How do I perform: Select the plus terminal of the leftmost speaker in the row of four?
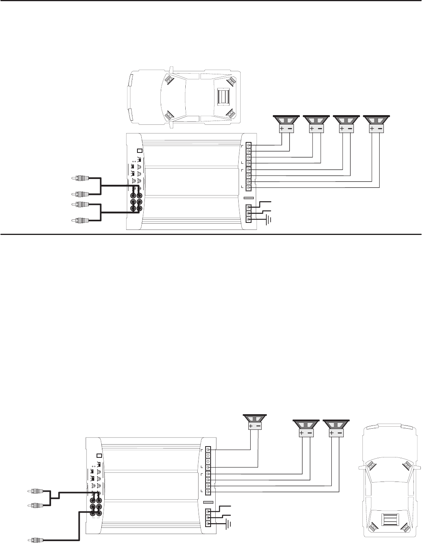tap(282, 129)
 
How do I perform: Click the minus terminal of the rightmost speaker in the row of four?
tap(380, 129)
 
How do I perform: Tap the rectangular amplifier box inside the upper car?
tap(222, 97)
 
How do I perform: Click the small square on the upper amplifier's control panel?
tap(140, 151)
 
